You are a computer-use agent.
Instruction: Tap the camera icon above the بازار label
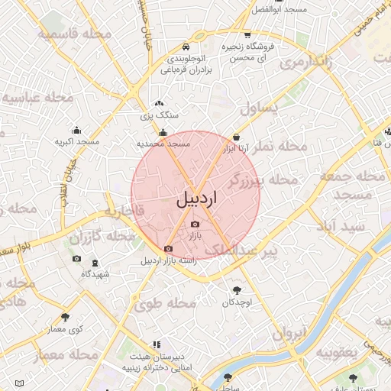pyautogui.click(x=195, y=225)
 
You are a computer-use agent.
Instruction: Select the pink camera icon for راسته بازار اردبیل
pyautogui.click(x=168, y=248)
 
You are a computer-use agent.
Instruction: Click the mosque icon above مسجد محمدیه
pyautogui.click(x=163, y=131)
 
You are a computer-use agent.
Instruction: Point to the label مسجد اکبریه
pyautogui.click(x=77, y=141)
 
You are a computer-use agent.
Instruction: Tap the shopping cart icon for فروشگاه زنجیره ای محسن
pyautogui.click(x=247, y=35)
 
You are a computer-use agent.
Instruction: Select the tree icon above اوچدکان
pyautogui.click(x=237, y=290)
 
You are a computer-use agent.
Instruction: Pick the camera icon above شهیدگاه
pyautogui.click(x=76, y=259)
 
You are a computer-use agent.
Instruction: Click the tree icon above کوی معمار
pyautogui.click(x=65, y=317)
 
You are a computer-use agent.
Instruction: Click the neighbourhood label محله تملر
pyautogui.click(x=280, y=147)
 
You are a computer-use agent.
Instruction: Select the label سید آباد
pyautogui.click(x=343, y=226)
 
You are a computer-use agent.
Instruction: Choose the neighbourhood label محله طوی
pyautogui.click(x=166, y=302)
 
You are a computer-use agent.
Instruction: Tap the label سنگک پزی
pyautogui.click(x=159, y=115)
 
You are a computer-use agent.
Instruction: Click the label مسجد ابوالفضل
pyautogui.click(x=282, y=10)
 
